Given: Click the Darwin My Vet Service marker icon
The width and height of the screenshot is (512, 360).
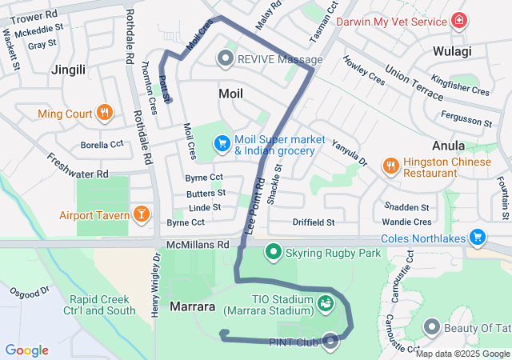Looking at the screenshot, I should tap(459, 21).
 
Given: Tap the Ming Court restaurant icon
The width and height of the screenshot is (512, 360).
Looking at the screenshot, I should tap(104, 114).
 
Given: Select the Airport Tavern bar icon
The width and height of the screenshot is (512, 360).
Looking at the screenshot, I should tap(141, 214).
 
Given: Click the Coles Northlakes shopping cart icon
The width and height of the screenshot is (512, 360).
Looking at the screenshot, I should tap(478, 236).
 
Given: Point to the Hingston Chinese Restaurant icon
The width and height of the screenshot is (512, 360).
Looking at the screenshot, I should tap(390, 166).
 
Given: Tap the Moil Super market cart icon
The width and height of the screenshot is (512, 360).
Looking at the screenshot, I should tap(222, 143).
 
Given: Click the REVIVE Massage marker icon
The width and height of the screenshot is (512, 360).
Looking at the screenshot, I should tap(226, 59).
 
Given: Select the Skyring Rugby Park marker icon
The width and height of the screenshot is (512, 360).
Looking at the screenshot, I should tap(273, 253).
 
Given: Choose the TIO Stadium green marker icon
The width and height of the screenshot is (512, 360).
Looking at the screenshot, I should tap(325, 303).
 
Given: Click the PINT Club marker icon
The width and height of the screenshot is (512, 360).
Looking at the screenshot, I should tap(330, 342).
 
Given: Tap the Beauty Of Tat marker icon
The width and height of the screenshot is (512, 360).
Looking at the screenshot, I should tap(432, 326).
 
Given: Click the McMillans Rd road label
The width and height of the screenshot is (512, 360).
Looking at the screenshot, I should tap(198, 244).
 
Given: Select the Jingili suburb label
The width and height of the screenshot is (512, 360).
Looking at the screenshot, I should tap(68, 70).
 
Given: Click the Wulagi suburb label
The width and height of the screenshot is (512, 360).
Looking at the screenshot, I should tap(452, 51).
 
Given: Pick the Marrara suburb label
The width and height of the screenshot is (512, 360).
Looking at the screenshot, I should tap(192, 306).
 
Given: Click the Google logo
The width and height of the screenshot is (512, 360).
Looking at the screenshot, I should tap(26, 350).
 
